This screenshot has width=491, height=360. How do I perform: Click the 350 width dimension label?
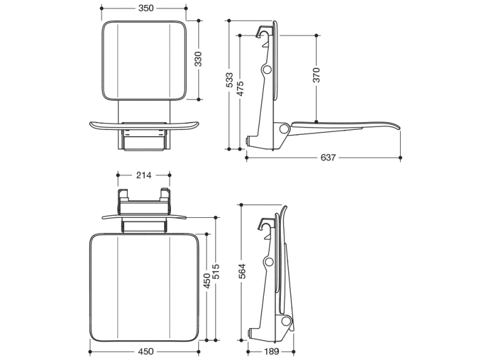pos(146,8)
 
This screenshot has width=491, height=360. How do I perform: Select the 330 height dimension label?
pos(198,59)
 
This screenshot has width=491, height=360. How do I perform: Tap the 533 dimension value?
pos(229,80)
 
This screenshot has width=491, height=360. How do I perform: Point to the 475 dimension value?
pos(240,88)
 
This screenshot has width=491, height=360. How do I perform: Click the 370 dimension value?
pos(316,75)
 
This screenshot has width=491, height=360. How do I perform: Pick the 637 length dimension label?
pos(328,157)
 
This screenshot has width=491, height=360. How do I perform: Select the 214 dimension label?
pos(144,176)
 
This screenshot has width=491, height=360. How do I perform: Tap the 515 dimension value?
pos(216,272)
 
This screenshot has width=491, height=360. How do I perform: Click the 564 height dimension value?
pos(242,271)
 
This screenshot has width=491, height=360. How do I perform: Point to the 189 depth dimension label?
pos(272,351)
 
